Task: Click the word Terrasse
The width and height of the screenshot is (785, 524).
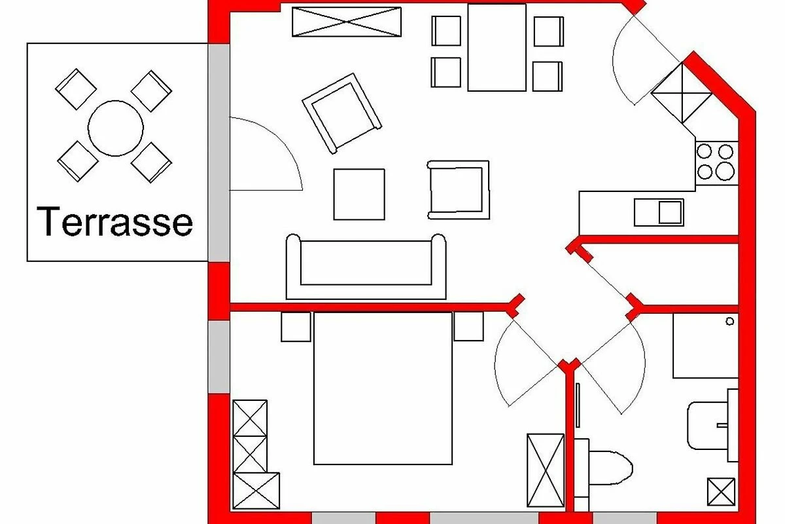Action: click(x=115, y=223)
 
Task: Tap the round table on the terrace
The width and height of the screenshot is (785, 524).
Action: click(x=115, y=128)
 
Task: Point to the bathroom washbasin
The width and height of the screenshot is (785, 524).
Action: click(x=709, y=425)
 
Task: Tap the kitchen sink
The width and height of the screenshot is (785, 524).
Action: click(x=659, y=212)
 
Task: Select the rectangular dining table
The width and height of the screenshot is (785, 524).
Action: click(x=497, y=47)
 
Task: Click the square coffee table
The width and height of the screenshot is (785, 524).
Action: click(x=359, y=195)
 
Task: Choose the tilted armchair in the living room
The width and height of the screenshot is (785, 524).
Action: click(x=341, y=113)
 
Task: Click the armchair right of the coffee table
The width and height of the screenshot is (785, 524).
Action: click(x=459, y=189)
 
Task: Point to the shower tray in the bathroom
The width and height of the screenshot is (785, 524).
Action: click(x=705, y=346)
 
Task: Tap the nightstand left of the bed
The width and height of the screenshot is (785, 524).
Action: click(x=296, y=326)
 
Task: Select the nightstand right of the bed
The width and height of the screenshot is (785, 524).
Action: click(x=468, y=326)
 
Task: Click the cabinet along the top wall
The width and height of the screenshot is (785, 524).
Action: click(x=346, y=22)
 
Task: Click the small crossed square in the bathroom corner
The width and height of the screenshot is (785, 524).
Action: click(x=721, y=492)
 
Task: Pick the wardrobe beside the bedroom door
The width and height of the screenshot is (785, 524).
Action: click(x=545, y=470)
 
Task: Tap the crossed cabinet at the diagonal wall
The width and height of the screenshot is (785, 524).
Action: click(x=682, y=92)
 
